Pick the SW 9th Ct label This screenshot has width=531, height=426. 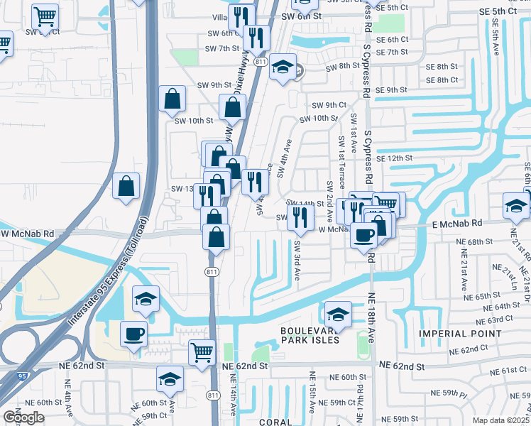click(x=332, y=105)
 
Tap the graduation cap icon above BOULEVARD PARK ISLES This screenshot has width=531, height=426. click(x=339, y=315)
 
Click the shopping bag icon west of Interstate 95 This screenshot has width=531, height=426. click(x=126, y=187)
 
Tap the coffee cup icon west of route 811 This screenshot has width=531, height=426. click(x=133, y=334)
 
